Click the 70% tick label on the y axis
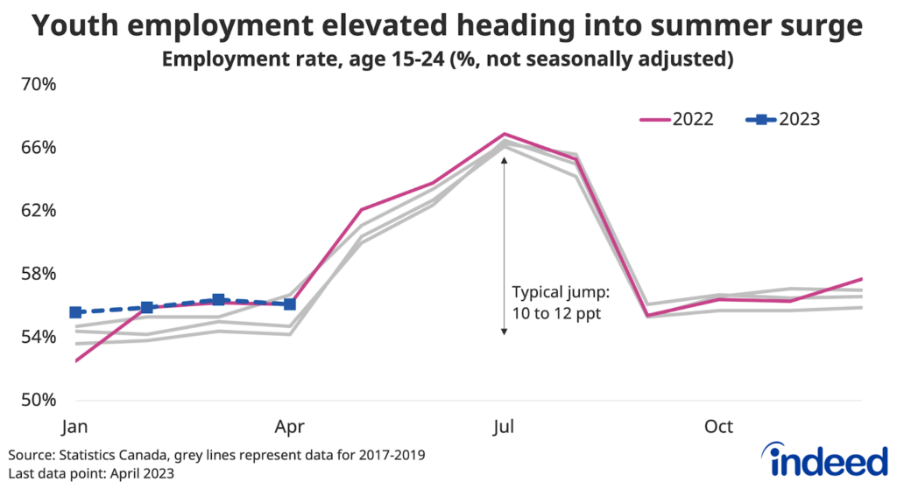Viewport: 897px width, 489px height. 38,85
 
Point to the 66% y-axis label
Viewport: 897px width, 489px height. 38,148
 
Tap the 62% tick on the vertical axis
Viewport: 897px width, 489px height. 38,211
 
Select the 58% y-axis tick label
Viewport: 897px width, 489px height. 38,274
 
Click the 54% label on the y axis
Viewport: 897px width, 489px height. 38,337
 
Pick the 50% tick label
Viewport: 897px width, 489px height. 38,400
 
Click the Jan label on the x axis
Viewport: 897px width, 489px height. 74,428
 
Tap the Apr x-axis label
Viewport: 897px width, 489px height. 289,428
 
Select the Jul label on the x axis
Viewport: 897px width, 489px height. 504,428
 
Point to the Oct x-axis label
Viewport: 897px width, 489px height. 718,428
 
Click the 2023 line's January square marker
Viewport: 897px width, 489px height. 75,312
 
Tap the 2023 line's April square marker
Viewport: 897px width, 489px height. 290,304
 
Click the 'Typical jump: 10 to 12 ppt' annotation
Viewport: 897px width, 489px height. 556,303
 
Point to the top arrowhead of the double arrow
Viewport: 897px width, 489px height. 504,160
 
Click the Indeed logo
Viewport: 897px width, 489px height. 823,460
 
